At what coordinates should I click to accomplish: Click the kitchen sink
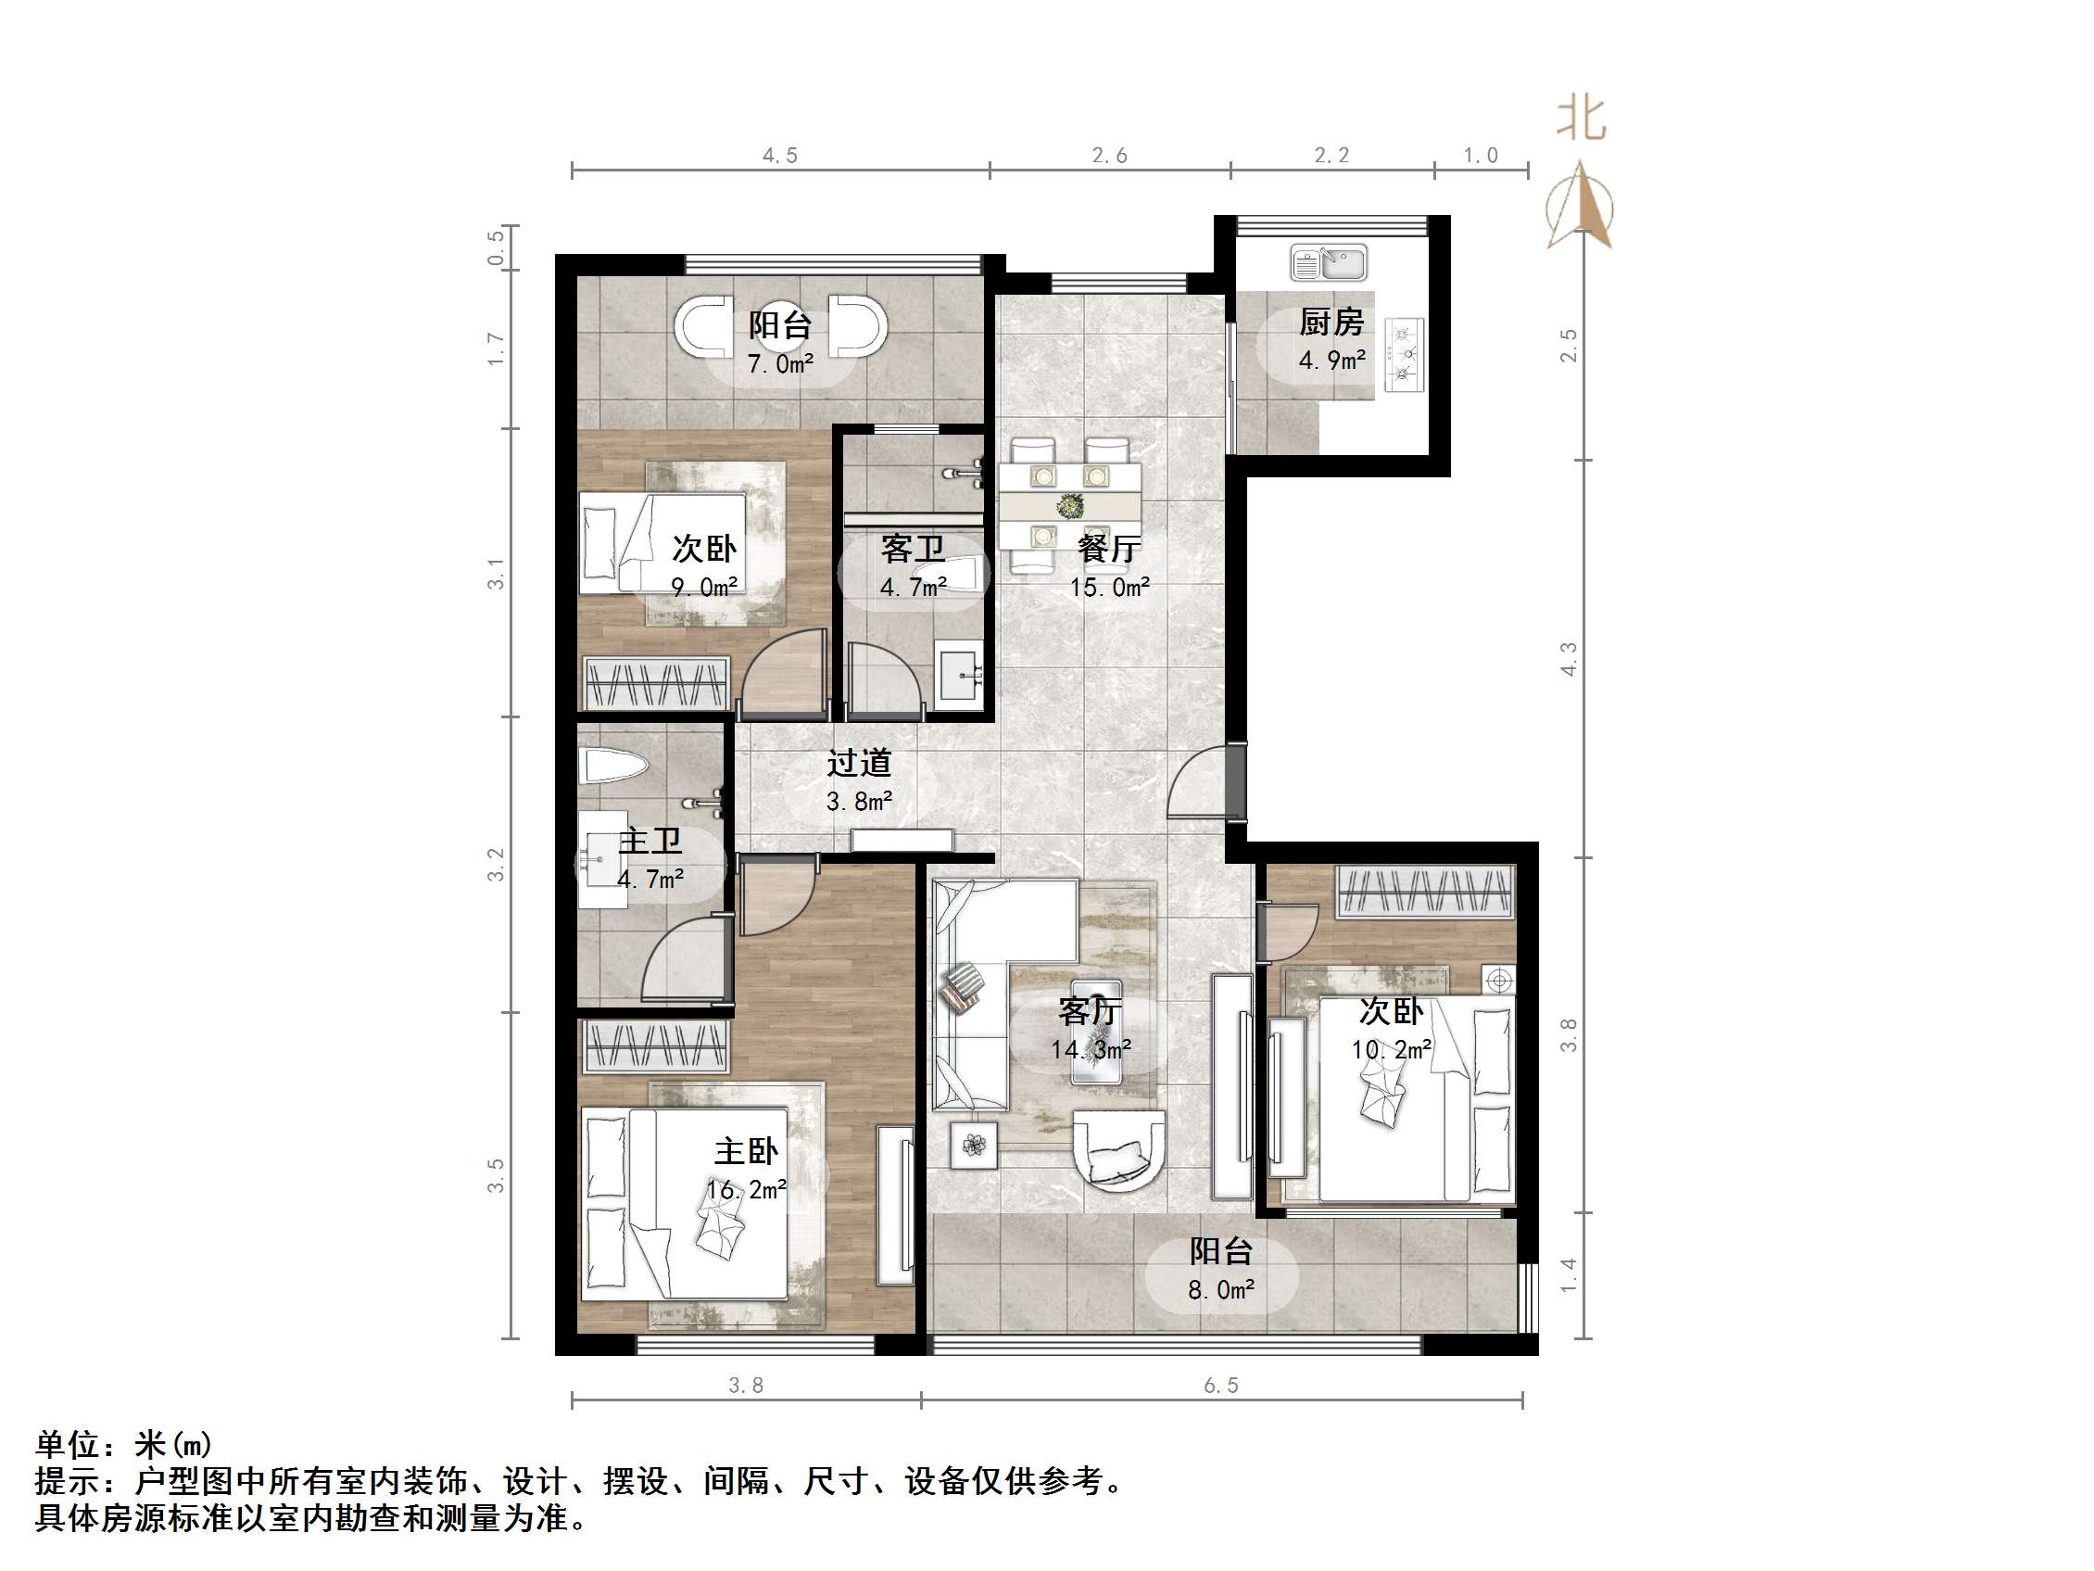point(1328,262)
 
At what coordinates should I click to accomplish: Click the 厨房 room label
point(1331,323)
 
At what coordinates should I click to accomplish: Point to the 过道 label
point(859,763)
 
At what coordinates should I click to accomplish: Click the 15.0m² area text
point(1109,588)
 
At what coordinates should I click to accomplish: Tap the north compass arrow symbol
point(1580,207)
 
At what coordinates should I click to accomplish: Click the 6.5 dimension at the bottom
point(1220,1386)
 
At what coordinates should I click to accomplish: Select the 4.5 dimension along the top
point(780,156)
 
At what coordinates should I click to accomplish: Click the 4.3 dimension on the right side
point(1569,659)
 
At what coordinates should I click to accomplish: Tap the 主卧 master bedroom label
point(746,1151)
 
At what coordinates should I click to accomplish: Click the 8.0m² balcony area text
point(1221,1290)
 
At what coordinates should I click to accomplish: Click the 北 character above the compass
point(1581,120)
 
